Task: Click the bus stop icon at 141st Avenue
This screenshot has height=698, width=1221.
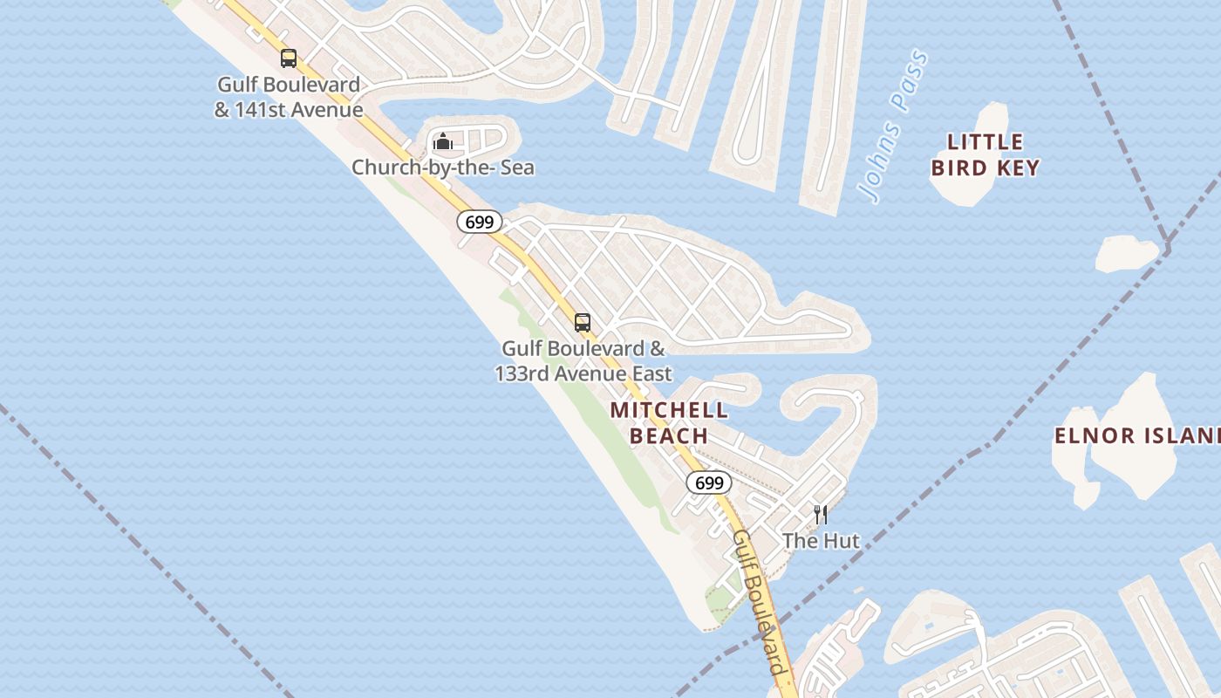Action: [289, 58]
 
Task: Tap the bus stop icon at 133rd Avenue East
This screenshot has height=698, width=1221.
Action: [583, 322]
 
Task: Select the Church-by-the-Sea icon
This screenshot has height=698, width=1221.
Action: [443, 140]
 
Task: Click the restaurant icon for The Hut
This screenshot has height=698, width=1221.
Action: [820, 514]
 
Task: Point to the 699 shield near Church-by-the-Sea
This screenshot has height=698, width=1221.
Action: [479, 222]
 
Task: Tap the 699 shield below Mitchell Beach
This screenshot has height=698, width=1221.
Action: [709, 482]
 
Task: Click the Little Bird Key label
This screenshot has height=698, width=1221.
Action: [985, 154]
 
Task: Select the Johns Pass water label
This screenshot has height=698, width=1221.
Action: [893, 127]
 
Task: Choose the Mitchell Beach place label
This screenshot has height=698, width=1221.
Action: [669, 422]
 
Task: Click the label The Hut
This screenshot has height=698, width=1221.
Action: [821, 541]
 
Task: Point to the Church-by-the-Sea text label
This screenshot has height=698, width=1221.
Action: [442, 167]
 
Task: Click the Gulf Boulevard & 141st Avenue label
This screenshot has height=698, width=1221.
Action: [289, 98]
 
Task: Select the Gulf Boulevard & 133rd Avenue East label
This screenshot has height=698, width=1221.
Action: [583, 361]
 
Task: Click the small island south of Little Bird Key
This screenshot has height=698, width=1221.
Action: [1126, 253]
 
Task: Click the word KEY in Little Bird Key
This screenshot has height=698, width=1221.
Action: [1017, 168]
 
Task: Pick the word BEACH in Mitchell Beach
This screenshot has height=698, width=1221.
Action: [668, 435]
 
